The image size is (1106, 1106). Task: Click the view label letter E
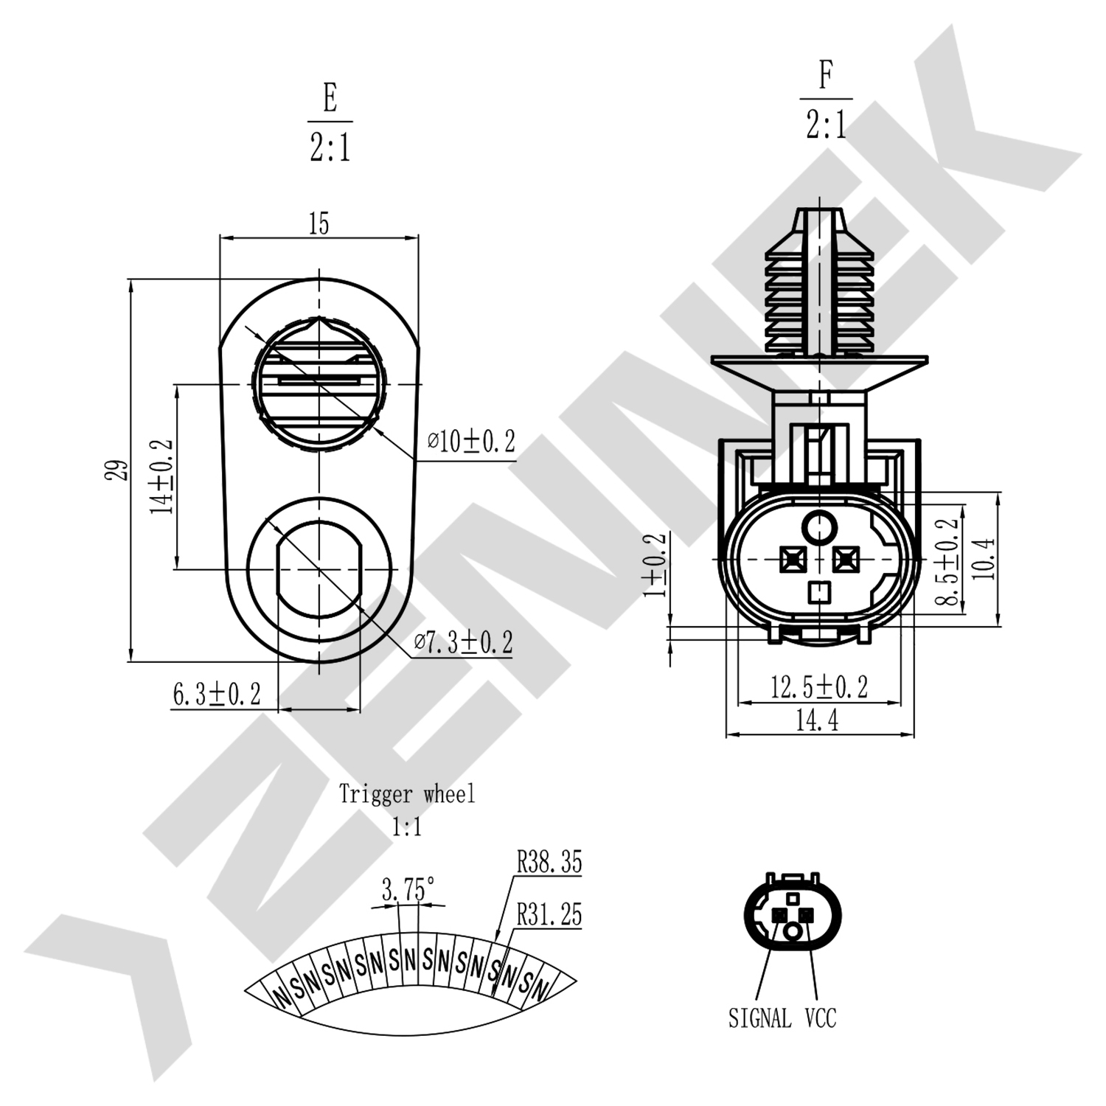point(330,98)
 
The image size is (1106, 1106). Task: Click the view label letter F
point(826,75)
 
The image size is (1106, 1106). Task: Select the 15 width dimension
point(319,223)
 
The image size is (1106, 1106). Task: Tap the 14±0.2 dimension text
point(161,477)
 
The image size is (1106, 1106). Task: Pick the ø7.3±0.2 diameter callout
point(463,642)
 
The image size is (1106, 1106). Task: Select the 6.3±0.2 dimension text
point(216,694)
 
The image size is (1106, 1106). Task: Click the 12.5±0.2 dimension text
point(819,687)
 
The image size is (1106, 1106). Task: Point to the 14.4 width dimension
point(817,720)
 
